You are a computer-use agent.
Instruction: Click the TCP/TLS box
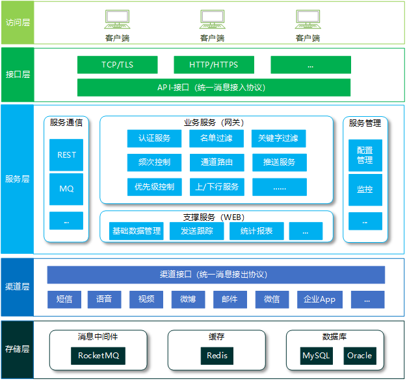point(117,65)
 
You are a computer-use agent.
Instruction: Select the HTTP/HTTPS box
point(213,65)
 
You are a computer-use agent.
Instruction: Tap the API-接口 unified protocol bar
point(213,87)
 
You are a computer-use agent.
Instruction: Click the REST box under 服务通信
point(66,155)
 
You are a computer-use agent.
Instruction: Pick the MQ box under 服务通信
point(66,189)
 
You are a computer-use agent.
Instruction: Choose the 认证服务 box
point(154,138)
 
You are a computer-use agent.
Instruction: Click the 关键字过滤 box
point(279,138)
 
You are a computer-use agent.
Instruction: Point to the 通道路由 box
point(217,162)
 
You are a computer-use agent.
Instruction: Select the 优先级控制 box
point(154,187)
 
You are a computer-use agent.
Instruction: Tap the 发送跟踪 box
point(196,231)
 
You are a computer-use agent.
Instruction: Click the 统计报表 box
point(256,231)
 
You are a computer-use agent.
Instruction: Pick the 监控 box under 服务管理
point(365,190)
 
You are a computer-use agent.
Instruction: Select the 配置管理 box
point(365,155)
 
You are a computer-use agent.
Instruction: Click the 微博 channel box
point(189,299)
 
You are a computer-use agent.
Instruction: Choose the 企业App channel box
point(319,299)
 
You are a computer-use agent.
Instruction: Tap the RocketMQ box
point(98,356)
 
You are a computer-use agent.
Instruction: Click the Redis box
point(217,356)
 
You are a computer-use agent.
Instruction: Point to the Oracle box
point(359,356)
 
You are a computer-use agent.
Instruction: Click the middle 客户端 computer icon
point(212,19)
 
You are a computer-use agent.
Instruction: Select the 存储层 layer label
point(18,349)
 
